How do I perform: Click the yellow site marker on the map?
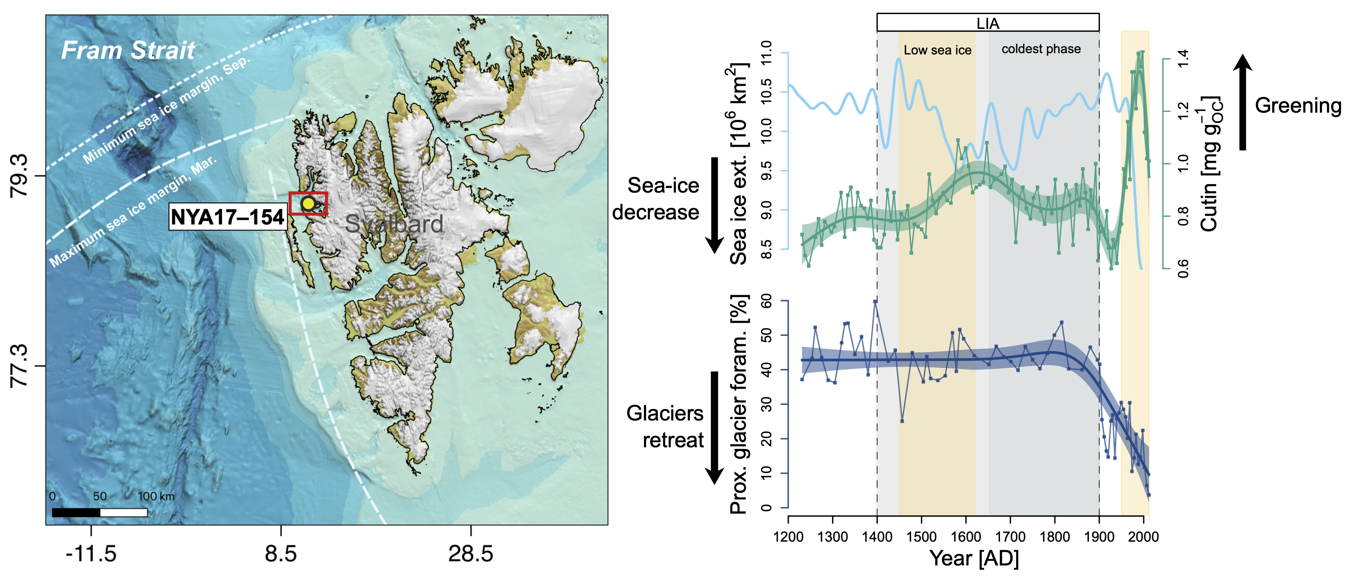coord(308,204)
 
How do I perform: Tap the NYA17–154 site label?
coord(228,217)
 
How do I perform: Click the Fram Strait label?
coord(128,51)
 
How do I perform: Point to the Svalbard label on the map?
coord(394,224)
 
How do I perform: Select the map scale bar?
coord(100,512)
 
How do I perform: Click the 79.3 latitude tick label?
coord(19,176)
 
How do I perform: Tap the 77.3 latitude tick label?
coord(19,366)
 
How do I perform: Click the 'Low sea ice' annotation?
coord(937,50)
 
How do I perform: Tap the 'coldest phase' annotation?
coord(1041,49)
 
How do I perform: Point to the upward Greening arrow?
coord(1243,102)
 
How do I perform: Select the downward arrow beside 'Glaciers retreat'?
coord(715,428)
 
